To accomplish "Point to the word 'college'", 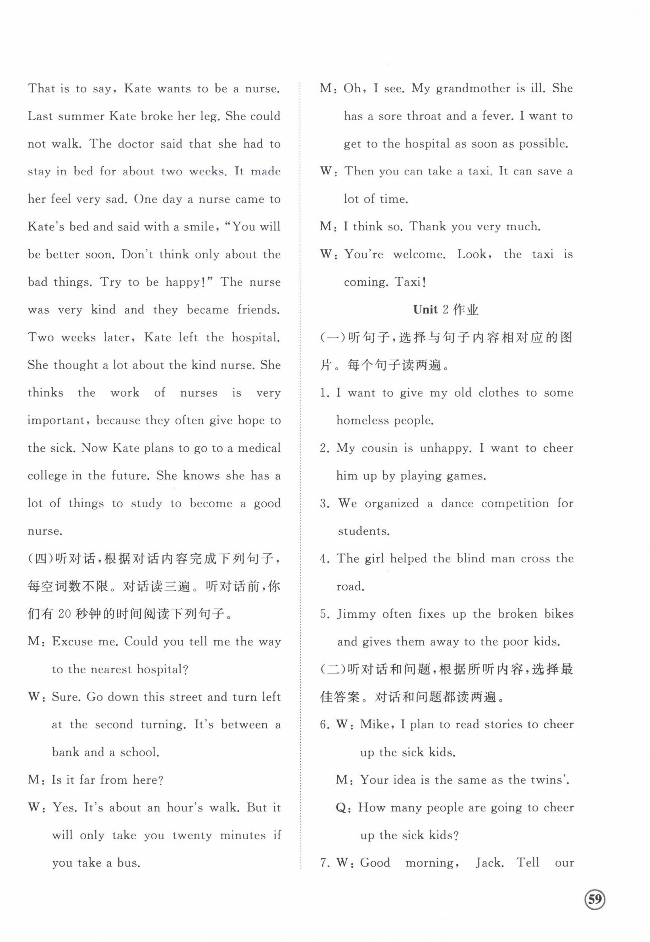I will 47,476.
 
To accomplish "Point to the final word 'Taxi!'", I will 411,282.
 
